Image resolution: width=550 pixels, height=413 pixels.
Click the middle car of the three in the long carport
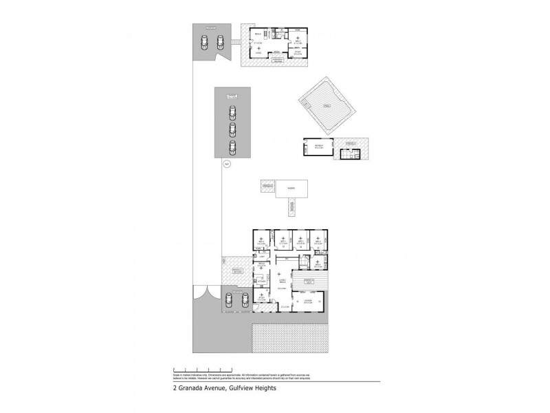(x=232, y=129)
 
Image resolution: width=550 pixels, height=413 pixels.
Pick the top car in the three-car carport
(x=232, y=112)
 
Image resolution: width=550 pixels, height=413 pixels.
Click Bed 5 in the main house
(x=261, y=241)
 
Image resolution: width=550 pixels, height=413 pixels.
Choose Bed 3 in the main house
(x=300, y=241)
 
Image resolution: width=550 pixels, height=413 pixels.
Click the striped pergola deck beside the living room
(x=313, y=281)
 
